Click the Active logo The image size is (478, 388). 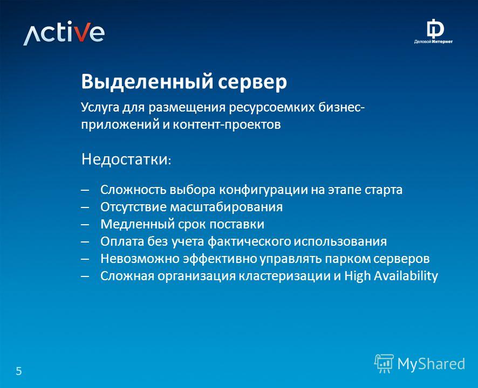(x=64, y=33)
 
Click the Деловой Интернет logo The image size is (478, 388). (x=433, y=32)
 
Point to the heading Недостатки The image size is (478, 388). (x=126, y=159)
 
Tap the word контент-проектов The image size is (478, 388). (x=227, y=125)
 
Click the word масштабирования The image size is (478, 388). (x=226, y=207)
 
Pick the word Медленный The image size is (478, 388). (x=137, y=225)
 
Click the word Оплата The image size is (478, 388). (x=122, y=241)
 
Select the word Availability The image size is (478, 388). (x=406, y=276)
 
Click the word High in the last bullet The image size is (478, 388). (x=358, y=276)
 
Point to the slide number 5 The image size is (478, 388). (x=19, y=371)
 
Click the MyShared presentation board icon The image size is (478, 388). (x=384, y=363)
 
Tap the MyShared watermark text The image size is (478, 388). (x=431, y=364)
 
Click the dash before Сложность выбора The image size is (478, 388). (x=85, y=190)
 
